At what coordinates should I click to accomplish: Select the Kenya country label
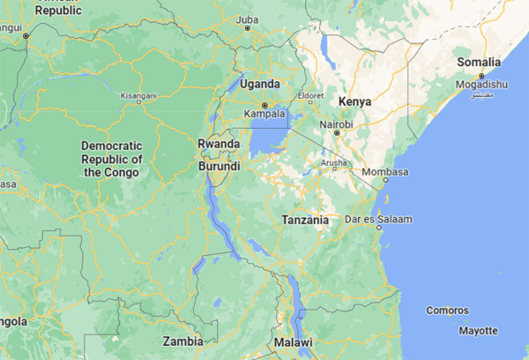(x=354, y=101)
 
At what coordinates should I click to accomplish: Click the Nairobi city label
(x=336, y=125)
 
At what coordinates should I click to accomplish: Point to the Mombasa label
(x=387, y=171)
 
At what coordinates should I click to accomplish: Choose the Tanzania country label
(x=305, y=220)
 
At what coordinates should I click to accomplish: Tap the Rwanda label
(x=219, y=144)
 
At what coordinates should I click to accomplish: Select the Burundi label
(x=219, y=166)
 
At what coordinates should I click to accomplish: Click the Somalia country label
(x=479, y=63)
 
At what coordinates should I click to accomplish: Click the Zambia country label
(x=183, y=341)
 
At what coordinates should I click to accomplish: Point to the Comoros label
(x=447, y=311)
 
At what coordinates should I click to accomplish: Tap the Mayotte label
(x=478, y=331)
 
